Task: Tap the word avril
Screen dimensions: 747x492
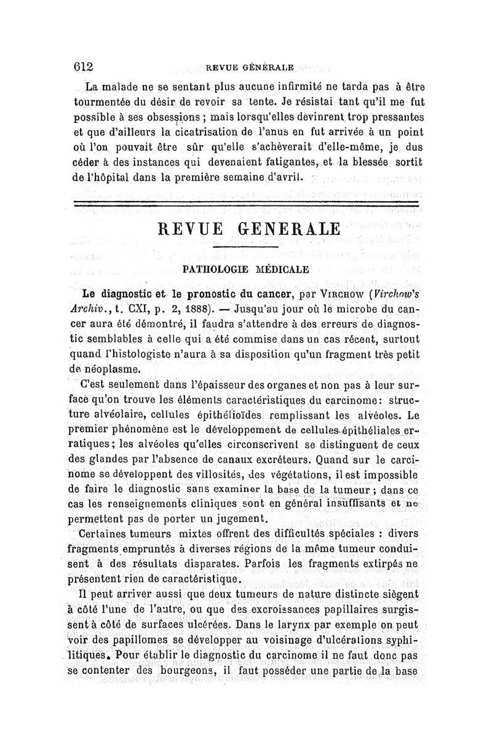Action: point(287,178)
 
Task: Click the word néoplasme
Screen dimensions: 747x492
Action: point(116,369)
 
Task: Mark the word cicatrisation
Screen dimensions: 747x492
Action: point(208,131)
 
